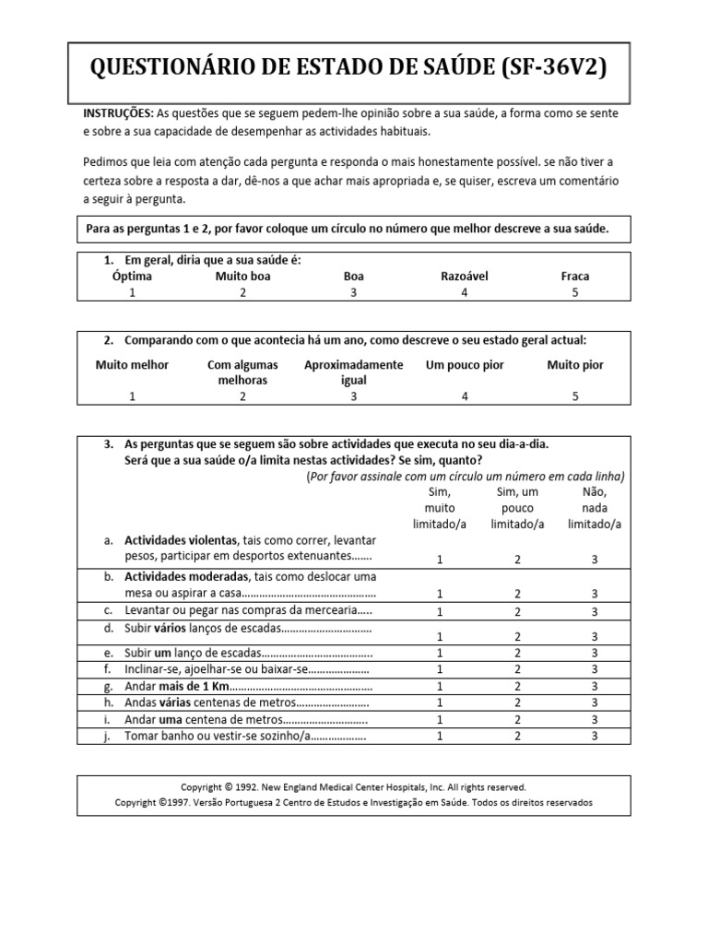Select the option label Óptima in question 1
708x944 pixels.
point(132,276)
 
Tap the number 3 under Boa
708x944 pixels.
point(353,292)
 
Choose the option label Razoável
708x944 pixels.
point(465,276)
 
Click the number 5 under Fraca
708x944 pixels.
point(575,292)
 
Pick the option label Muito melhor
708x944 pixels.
point(132,365)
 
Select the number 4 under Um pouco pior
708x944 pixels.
point(465,396)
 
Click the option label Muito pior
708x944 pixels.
point(575,365)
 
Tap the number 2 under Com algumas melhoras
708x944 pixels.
point(242,396)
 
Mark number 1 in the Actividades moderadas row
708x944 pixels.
point(440,595)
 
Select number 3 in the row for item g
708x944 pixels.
point(595,686)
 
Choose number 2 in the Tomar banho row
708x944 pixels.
point(517,736)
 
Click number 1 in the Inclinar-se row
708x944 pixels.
point(440,669)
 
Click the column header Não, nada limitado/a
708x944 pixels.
point(595,508)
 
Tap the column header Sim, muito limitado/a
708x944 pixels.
point(440,508)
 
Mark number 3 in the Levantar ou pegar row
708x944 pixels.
point(595,611)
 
